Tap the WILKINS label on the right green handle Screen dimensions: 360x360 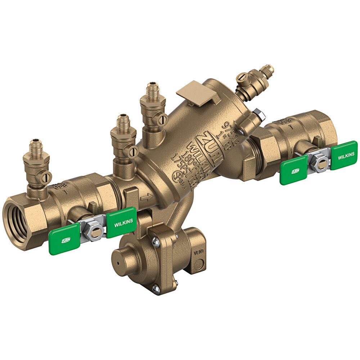[x=345, y=154]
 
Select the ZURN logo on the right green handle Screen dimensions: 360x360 [x=294, y=171]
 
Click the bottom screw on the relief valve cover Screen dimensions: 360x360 [x=155, y=288]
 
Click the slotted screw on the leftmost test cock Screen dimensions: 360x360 [x=47, y=176]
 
